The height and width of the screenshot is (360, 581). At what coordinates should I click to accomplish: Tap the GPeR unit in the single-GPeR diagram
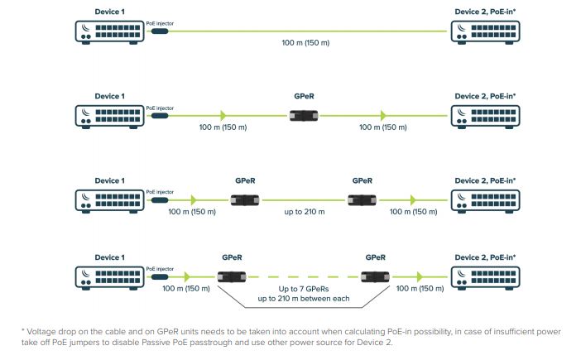pyautogui.click(x=304, y=114)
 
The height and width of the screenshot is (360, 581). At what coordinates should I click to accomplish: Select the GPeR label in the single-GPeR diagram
pyautogui.click(x=304, y=96)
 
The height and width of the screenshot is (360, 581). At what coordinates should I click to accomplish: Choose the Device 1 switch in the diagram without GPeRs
pyautogui.click(x=110, y=31)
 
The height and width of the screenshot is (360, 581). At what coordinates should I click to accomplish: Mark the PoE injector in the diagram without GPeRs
pyautogui.click(x=158, y=31)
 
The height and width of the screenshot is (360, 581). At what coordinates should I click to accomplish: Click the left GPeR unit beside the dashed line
pyautogui.click(x=232, y=277)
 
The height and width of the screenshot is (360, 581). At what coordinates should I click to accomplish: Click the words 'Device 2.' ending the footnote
pyautogui.click(x=382, y=342)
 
